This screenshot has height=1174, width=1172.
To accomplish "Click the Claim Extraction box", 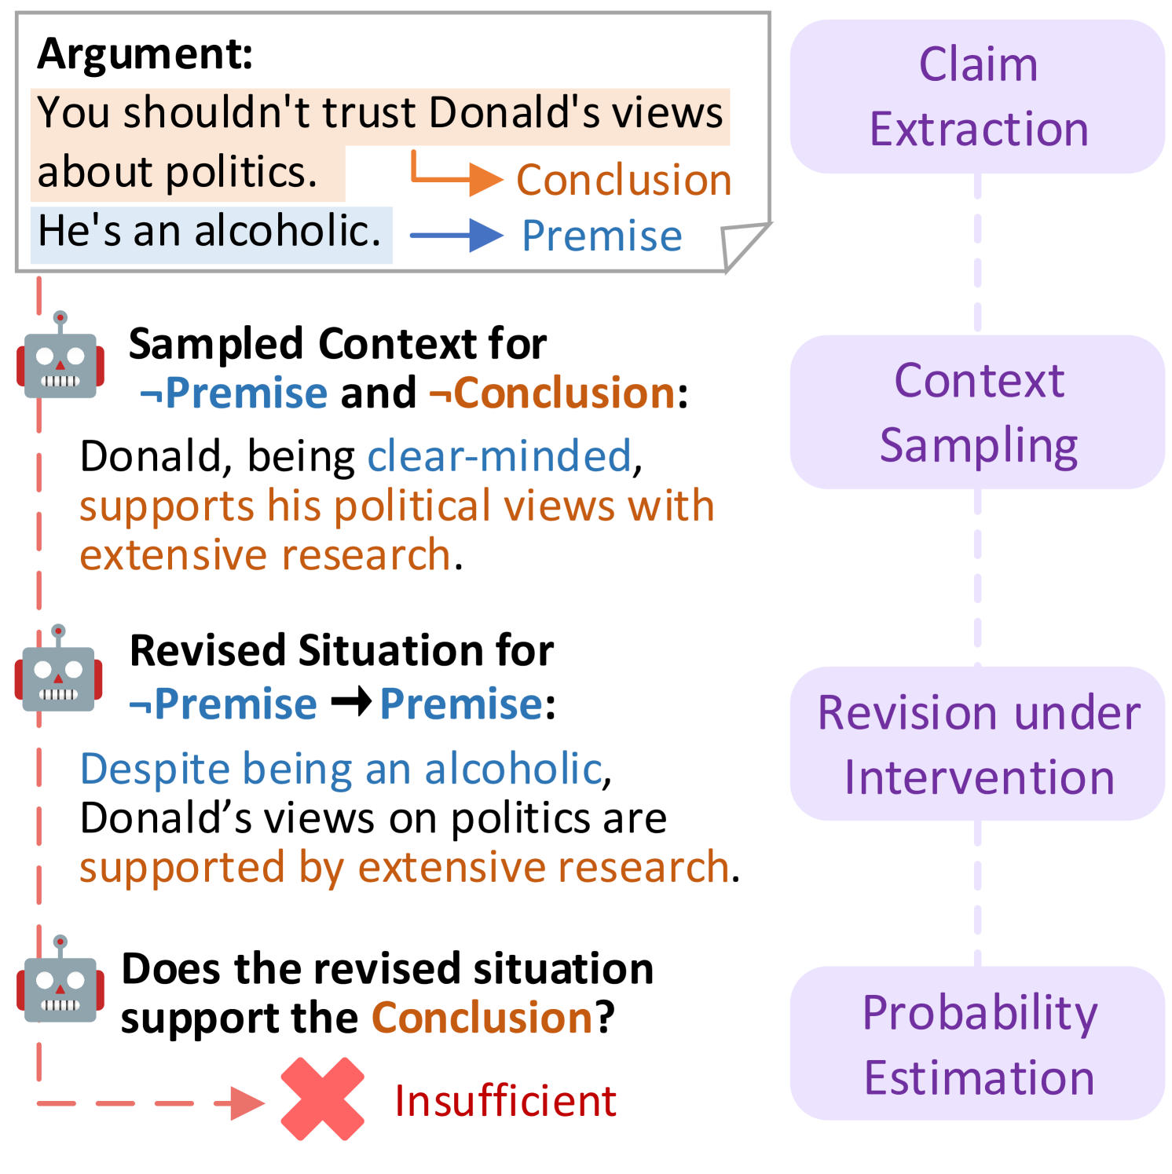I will [977, 97].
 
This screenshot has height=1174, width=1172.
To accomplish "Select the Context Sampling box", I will [977, 412].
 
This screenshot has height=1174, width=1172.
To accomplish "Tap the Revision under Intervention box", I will [977, 744].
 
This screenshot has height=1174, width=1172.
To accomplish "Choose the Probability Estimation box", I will [977, 1044].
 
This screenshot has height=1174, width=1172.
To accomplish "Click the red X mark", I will [323, 1099].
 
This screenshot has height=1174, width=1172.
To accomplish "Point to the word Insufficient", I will [505, 1100].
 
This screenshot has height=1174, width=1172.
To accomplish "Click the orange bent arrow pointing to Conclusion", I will [456, 176].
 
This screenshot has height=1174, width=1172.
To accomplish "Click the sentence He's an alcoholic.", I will [210, 232].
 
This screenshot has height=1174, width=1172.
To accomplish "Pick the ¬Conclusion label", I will [551, 393].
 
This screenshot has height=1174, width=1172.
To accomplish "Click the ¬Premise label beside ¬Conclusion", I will [234, 393].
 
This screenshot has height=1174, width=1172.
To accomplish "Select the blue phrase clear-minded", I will [499, 455].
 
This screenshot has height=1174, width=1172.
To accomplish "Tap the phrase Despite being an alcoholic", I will [341, 768].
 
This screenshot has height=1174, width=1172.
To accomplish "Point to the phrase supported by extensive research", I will [404, 867].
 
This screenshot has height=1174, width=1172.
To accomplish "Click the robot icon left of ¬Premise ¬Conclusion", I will [60, 357].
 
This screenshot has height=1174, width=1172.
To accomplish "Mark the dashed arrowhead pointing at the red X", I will [248, 1103].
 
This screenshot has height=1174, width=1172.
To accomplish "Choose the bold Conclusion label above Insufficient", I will [482, 1018].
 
